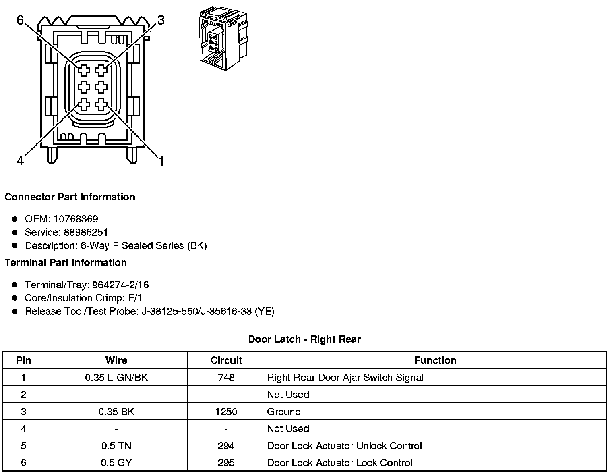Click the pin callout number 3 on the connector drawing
click(161, 20)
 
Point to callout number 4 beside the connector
click(20, 161)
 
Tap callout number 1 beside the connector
click(161, 162)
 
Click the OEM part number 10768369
click(76, 219)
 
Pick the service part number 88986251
click(86, 233)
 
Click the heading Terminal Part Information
click(66, 263)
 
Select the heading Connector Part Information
click(70, 197)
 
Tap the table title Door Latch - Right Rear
click(304, 339)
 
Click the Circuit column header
click(226, 360)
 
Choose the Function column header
click(435, 360)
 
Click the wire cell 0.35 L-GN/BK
click(116, 378)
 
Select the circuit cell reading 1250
click(226, 412)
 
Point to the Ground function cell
click(284, 412)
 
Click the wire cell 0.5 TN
click(116, 446)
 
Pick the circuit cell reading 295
click(226, 463)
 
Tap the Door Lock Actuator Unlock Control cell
click(344, 446)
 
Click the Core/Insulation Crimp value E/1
click(134, 298)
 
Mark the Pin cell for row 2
click(24, 395)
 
